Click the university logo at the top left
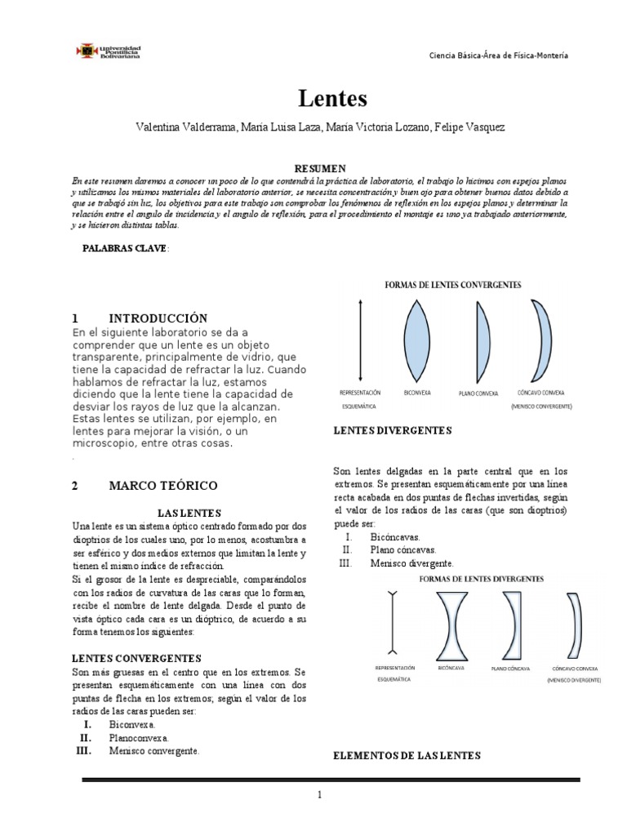pos(109,51)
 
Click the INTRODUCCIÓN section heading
pos(158,318)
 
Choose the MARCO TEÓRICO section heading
pos(163,486)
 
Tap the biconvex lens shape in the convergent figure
pos(416,336)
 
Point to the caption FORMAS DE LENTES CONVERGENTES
pos(453,285)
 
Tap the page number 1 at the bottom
pos(321,794)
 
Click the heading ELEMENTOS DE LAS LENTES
pos(407,756)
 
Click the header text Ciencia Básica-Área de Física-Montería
pos(499,55)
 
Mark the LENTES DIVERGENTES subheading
pos(393,430)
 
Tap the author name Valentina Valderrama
pos(187,128)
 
